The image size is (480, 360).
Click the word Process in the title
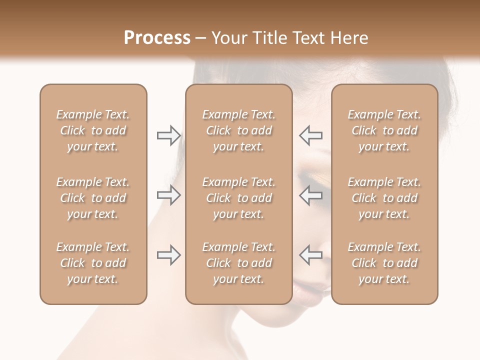[x=157, y=38]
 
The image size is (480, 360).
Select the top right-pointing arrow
[x=168, y=135]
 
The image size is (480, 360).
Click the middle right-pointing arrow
[x=168, y=195]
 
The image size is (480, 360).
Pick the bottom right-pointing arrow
[x=168, y=255]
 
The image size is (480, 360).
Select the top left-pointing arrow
[x=311, y=135]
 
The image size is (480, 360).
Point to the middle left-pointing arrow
[x=311, y=195]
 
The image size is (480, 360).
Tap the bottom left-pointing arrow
[x=311, y=255]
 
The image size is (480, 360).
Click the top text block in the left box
[x=93, y=130]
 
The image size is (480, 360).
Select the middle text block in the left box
[x=93, y=198]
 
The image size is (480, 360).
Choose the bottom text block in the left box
[x=93, y=263]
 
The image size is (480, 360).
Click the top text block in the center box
[x=239, y=130]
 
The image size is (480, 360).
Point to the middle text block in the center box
[x=239, y=198]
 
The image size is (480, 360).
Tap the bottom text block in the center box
[x=239, y=263]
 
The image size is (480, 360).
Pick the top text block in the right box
[x=384, y=130]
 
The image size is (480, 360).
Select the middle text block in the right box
[x=384, y=198]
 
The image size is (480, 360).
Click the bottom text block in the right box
[x=384, y=263]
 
